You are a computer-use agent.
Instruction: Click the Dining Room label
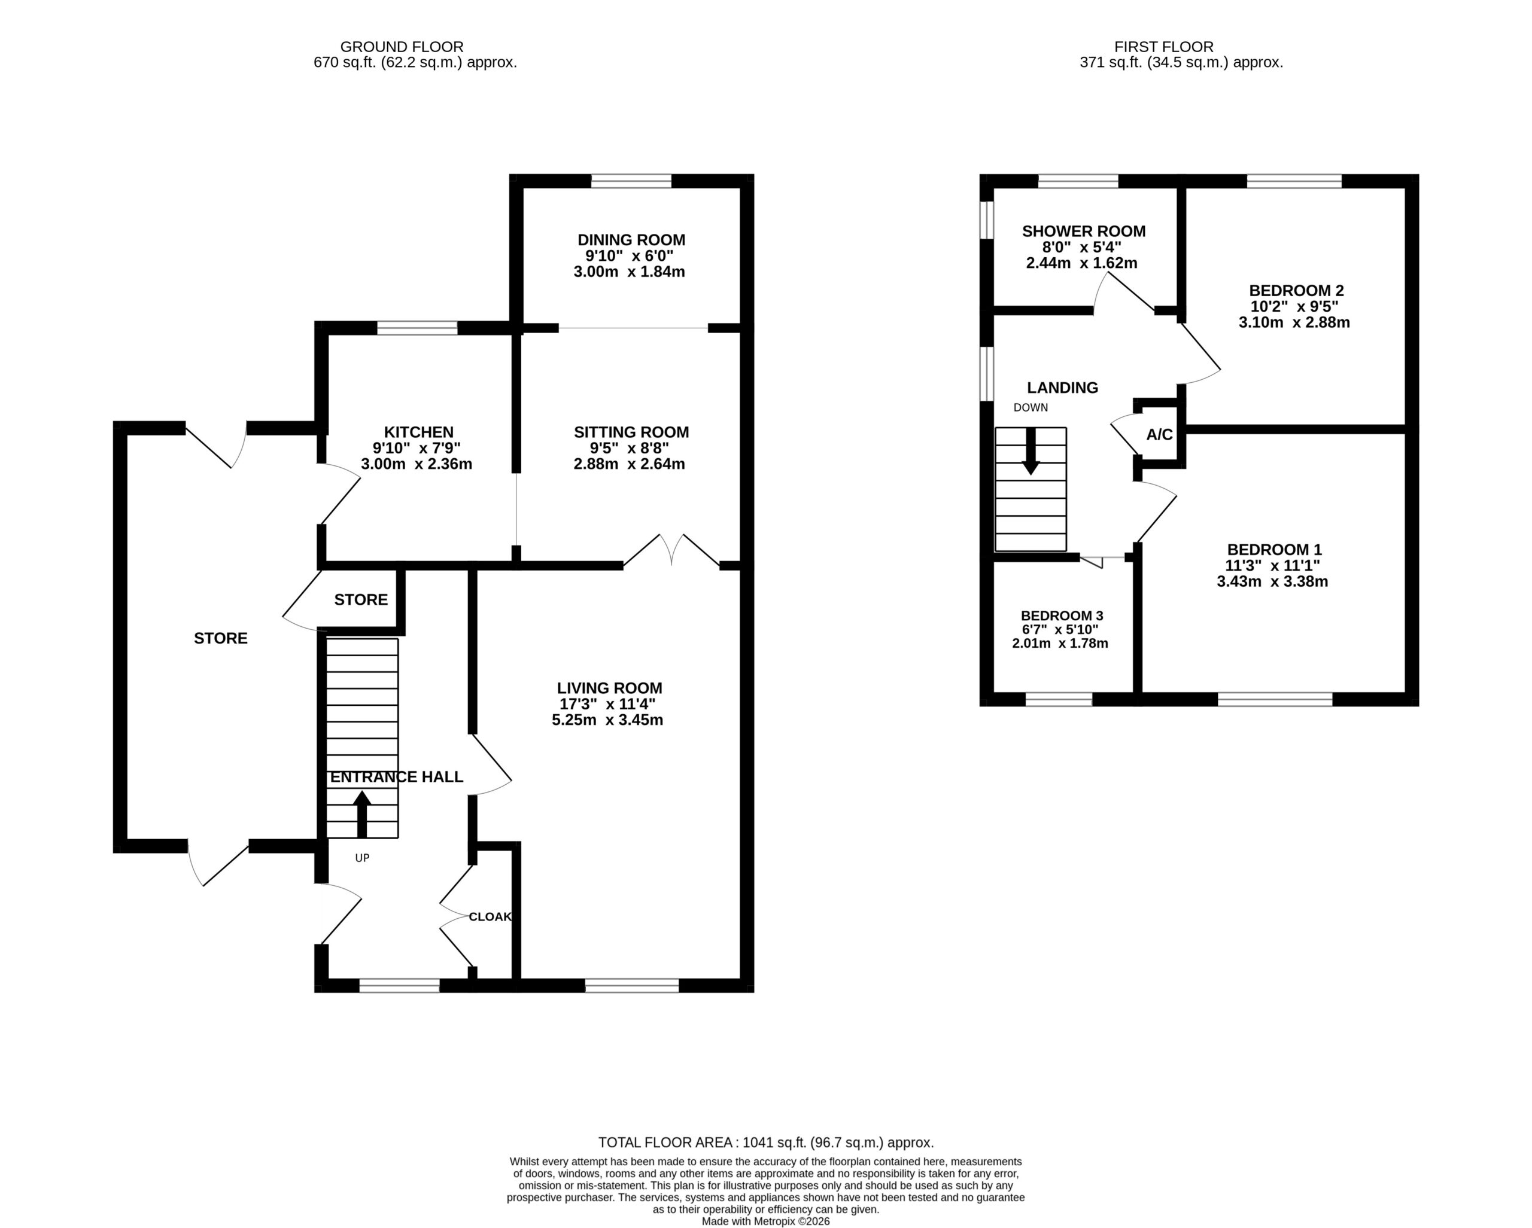(631, 240)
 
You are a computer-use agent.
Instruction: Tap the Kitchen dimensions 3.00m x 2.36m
(417, 465)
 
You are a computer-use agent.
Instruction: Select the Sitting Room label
(631, 432)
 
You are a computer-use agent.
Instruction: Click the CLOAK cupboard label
(490, 917)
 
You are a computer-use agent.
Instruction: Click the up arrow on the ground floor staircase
(361, 815)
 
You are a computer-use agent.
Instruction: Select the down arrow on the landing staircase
(1031, 452)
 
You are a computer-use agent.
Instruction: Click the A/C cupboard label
(1160, 435)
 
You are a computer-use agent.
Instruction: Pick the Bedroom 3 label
(1062, 615)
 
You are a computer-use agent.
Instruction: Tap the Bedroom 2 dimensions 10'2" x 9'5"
(1294, 307)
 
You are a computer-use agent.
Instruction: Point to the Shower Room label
(1084, 231)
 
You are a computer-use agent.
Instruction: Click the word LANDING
(1062, 388)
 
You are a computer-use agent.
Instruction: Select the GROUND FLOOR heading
(402, 47)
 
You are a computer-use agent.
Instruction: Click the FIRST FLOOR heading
(1164, 47)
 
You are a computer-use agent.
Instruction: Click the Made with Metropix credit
(766, 1221)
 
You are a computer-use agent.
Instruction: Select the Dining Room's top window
(631, 181)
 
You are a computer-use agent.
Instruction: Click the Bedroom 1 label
(1274, 549)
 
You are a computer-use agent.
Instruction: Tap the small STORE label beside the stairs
(361, 600)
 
